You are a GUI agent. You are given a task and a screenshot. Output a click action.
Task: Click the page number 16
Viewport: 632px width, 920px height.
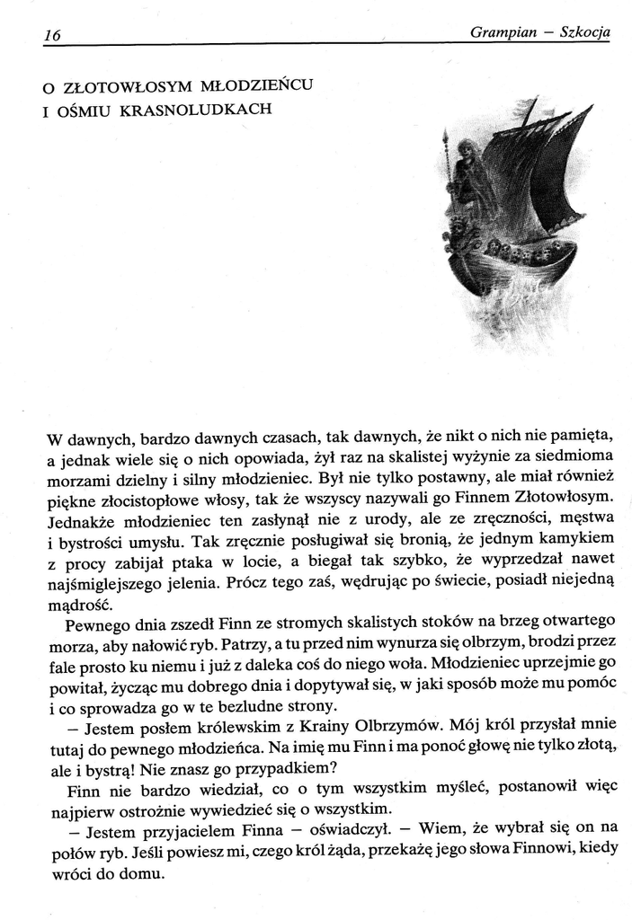click(x=51, y=35)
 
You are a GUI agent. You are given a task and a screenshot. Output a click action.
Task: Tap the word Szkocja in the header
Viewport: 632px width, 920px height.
click(x=584, y=33)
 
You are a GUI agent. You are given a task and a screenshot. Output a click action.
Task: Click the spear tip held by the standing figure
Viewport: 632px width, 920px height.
click(x=446, y=141)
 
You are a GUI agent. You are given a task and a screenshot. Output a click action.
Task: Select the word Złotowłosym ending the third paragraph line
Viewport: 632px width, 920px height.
click(x=551, y=497)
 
